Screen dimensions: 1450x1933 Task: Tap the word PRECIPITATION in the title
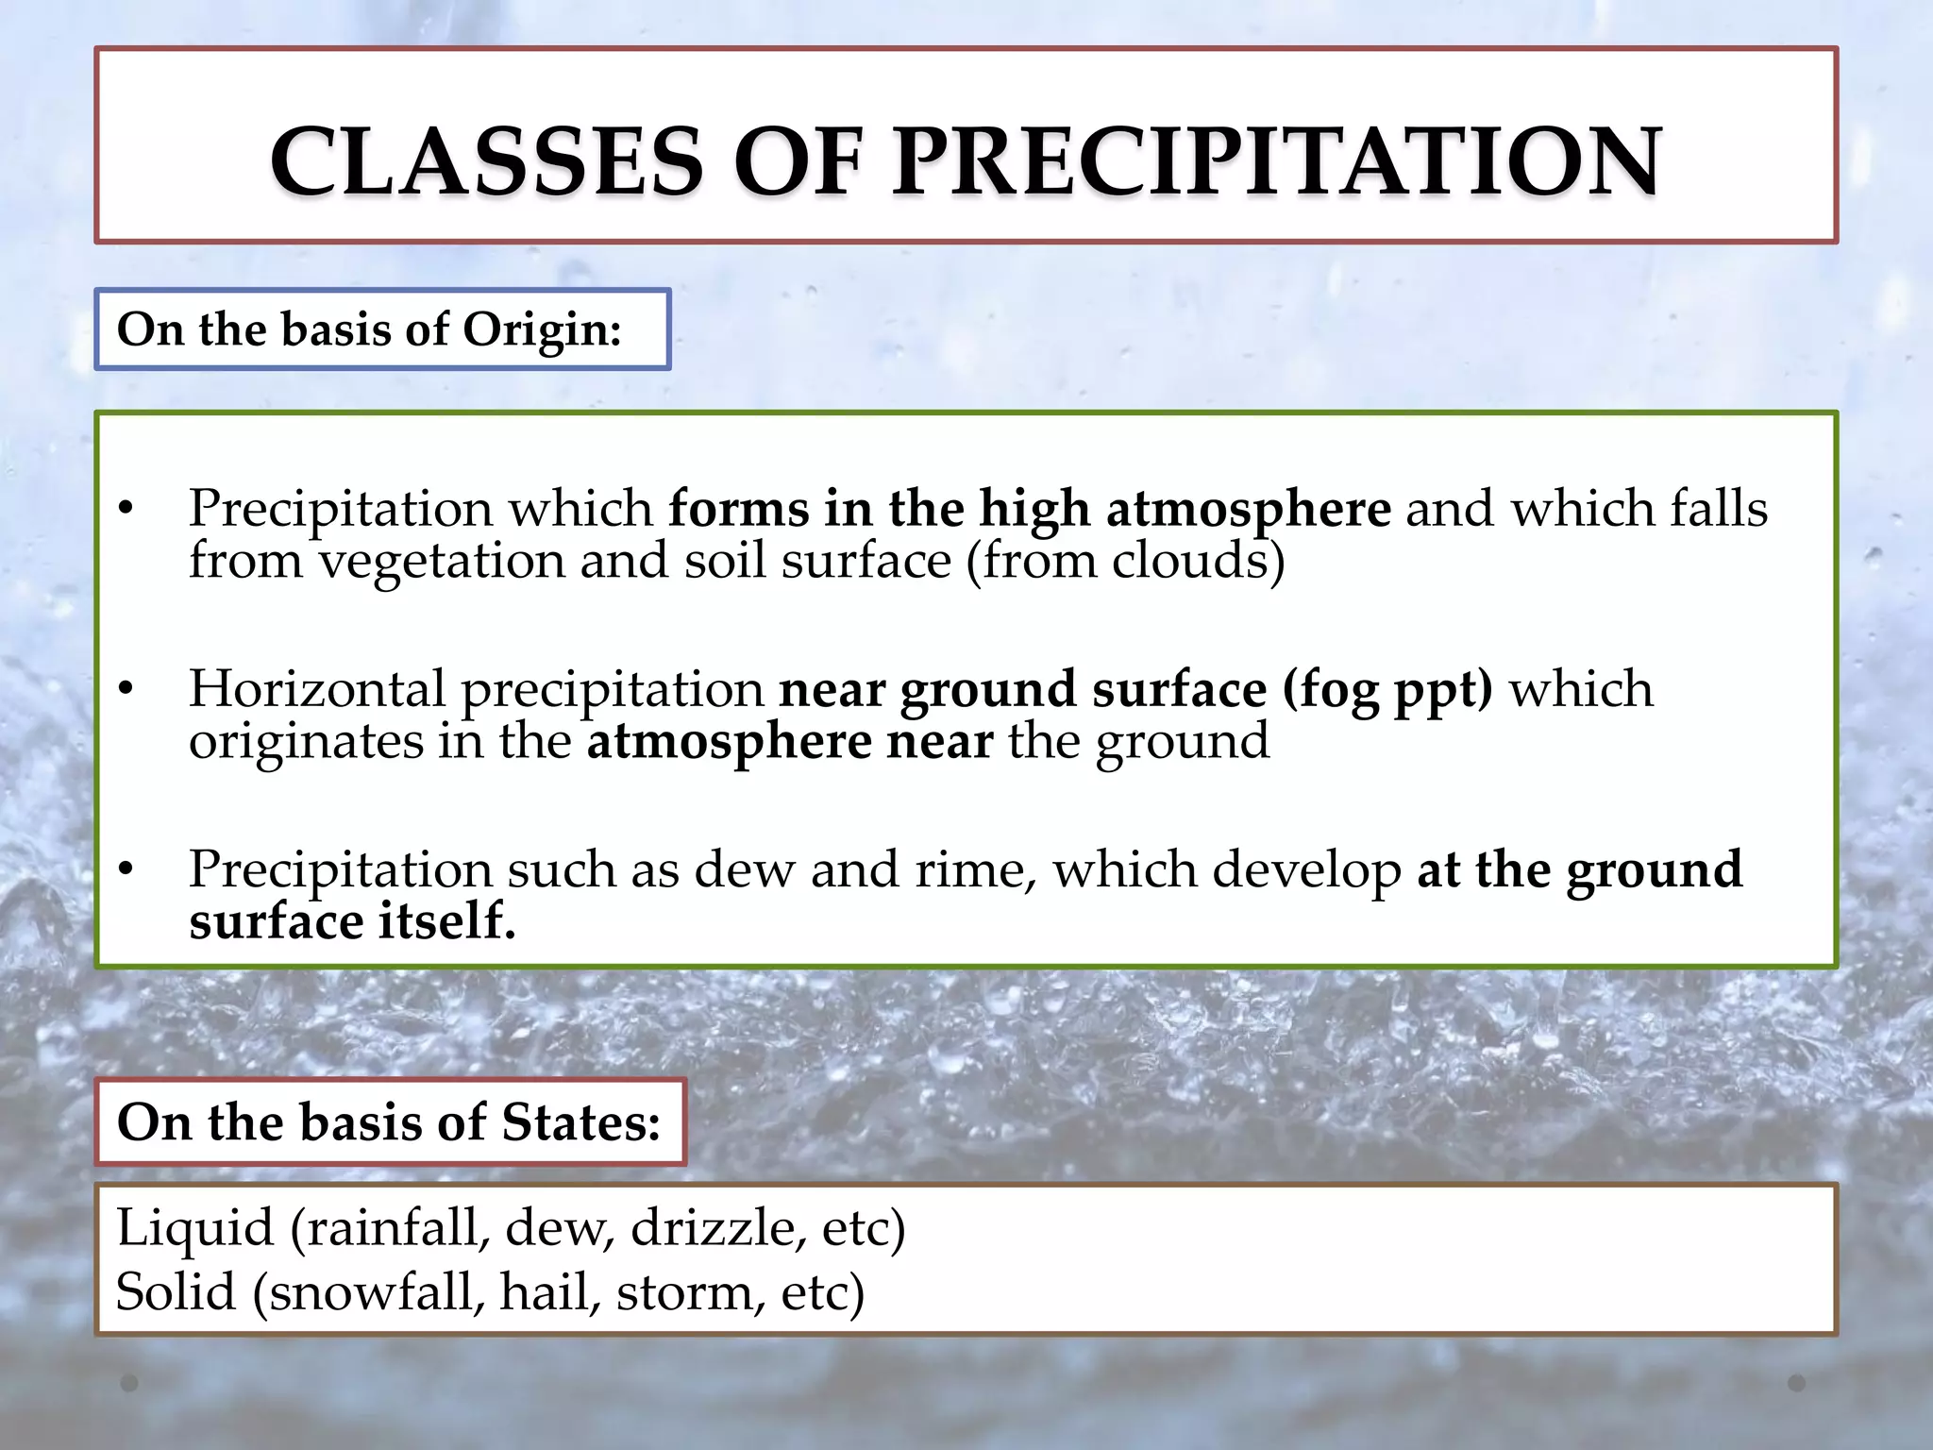click(x=1277, y=161)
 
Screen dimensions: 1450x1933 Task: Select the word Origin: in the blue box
click(x=542, y=329)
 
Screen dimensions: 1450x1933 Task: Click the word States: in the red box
click(x=580, y=1122)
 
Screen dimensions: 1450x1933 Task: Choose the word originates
click(x=306, y=741)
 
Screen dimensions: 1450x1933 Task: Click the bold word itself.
click(x=446, y=921)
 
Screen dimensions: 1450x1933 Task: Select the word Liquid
click(x=194, y=1228)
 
